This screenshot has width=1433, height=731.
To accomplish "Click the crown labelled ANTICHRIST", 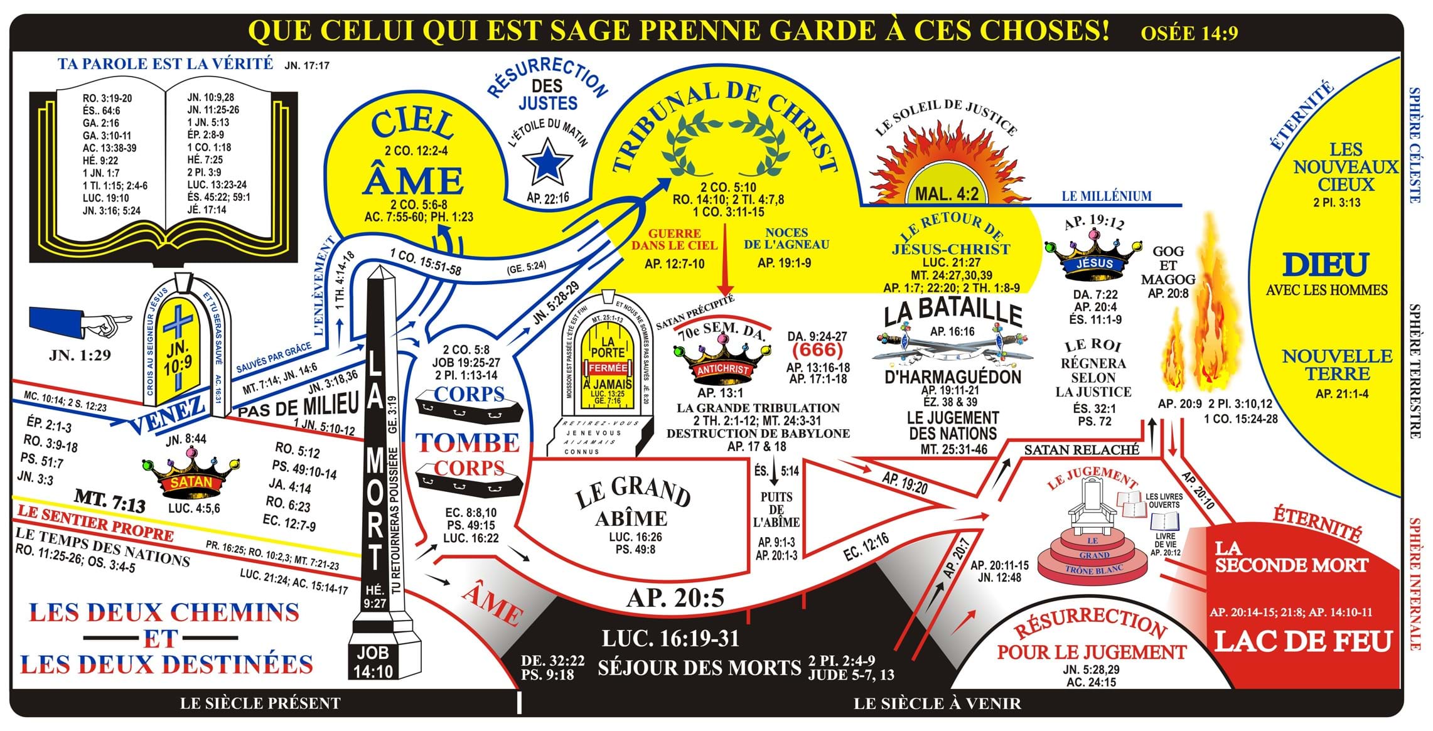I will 722,363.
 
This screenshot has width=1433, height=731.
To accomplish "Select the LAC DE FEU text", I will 1304,641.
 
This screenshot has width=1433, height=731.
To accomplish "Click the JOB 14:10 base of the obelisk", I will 373,662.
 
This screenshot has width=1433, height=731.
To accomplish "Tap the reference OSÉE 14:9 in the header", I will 1189,33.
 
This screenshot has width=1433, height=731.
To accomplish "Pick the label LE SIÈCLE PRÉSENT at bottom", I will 260,703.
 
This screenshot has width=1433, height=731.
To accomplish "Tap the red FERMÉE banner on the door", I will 608,368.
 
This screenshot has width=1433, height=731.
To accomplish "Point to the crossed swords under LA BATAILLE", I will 952,346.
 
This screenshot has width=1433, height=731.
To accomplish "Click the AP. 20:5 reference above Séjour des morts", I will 675,598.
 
